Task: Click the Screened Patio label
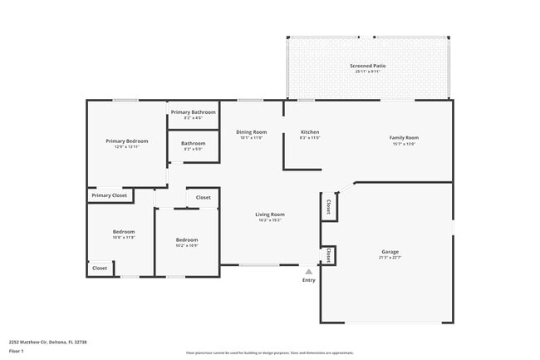pos(368,65)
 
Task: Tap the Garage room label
pos(390,251)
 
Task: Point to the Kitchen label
pos(310,132)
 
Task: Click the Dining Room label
pos(251,132)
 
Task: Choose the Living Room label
pos(270,215)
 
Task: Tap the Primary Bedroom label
pos(126,141)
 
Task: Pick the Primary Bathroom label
pos(194,112)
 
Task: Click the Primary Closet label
pos(109,195)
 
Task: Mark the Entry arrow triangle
pos(309,270)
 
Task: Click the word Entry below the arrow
pos(309,280)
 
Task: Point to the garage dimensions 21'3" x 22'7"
pos(390,258)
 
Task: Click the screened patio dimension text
pos(368,72)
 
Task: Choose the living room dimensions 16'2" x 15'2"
pos(270,220)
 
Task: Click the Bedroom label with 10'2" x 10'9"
pos(187,240)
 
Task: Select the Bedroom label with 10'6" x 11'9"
pos(124,232)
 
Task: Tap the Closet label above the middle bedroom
pos(204,198)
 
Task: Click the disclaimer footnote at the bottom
pos(270,353)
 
